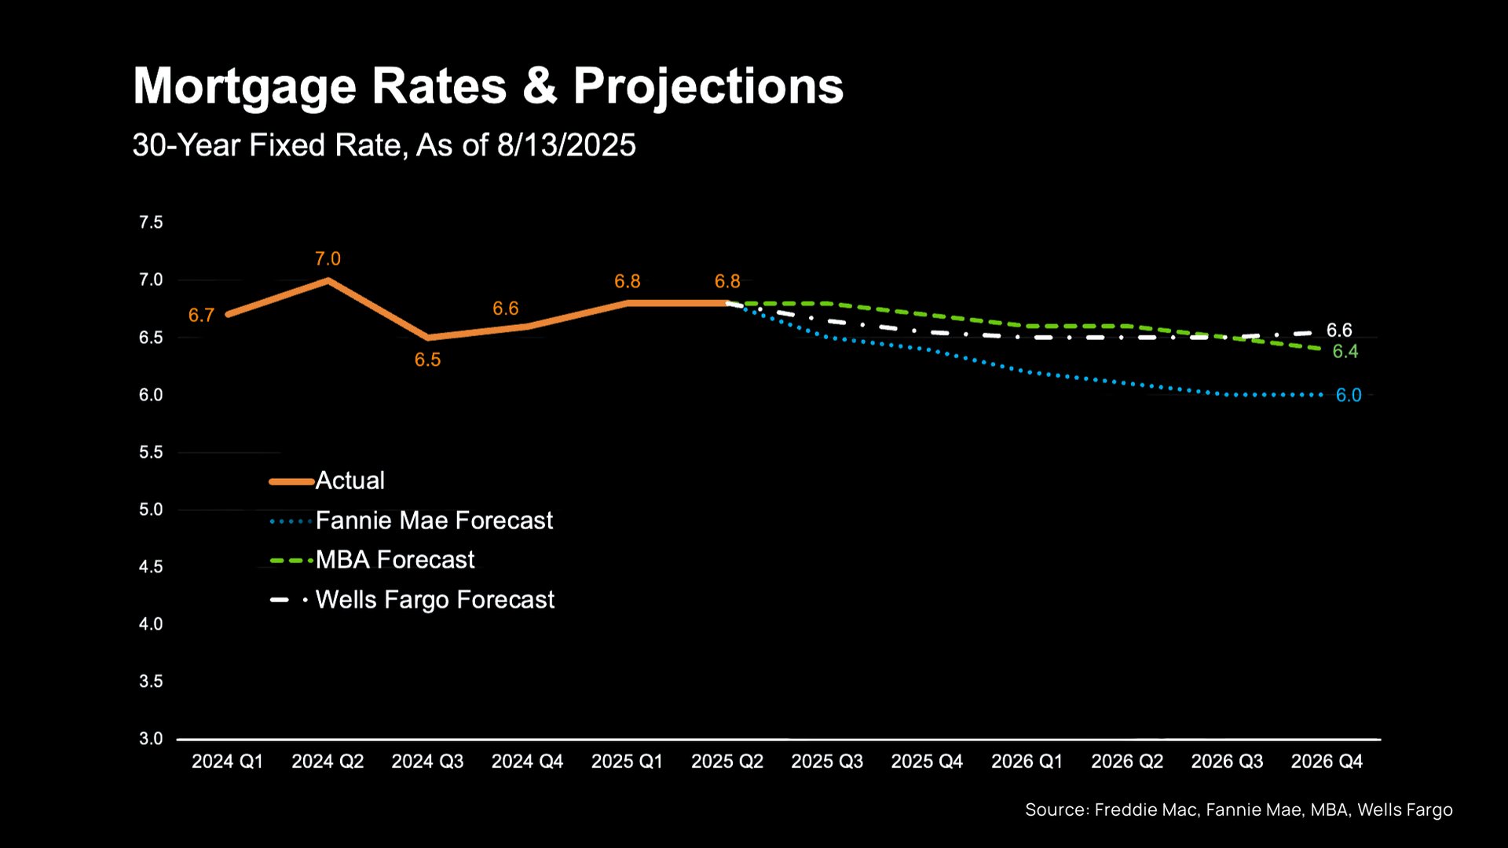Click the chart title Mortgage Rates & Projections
[x=488, y=86]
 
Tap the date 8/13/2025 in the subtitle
[x=565, y=145]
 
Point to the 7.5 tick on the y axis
[x=151, y=223]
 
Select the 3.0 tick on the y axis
[x=151, y=739]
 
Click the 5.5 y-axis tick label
[x=151, y=452]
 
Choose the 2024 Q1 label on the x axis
[x=227, y=762]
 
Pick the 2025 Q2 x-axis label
[x=727, y=762]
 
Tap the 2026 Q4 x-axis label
[x=1327, y=762]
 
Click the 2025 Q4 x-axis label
[x=927, y=762]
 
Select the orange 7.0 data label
[x=328, y=259]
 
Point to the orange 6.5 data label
[x=427, y=360]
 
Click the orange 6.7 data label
[x=201, y=316]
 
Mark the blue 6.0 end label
[x=1349, y=396]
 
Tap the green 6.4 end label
[x=1345, y=352]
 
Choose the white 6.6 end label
[x=1339, y=331]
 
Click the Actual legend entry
[x=350, y=481]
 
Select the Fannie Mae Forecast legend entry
[x=434, y=521]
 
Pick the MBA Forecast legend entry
[x=395, y=560]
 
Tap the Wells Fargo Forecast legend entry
[x=434, y=600]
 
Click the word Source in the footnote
[x=1056, y=810]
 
